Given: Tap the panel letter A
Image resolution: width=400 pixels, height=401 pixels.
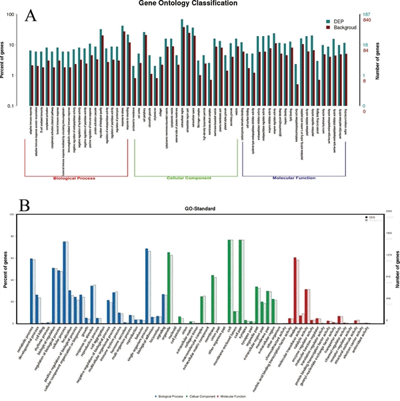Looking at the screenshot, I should (x=31, y=17).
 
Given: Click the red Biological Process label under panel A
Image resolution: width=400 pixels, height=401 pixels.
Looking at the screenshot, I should (x=75, y=178).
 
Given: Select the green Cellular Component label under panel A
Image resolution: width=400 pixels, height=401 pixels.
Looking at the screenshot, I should (x=185, y=178).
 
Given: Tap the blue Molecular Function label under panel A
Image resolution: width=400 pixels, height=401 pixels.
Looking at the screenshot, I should (x=294, y=178).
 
